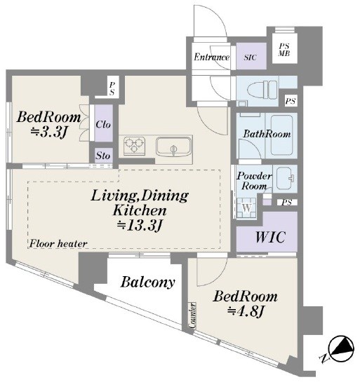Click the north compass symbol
pyautogui.click(x=341, y=349)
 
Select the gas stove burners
pyautogui.click(x=134, y=146)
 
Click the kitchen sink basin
pyautogui.click(x=173, y=147)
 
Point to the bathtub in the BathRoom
pyautogui.click(x=281, y=135)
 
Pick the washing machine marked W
pyautogui.click(x=246, y=208)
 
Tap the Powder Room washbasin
pyautogui.click(x=284, y=178)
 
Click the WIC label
pyautogui.click(x=269, y=237)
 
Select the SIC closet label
pyautogui.click(x=250, y=57)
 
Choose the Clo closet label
pyautogui.click(x=103, y=124)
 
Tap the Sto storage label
pyautogui.click(x=103, y=156)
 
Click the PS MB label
pyautogui.click(x=284, y=50)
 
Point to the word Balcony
pyautogui.click(x=147, y=282)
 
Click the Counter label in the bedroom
pyautogui.click(x=192, y=315)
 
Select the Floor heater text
pyautogui.click(x=58, y=244)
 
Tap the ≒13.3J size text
pyautogui.click(x=140, y=226)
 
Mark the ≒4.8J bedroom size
pyautogui.click(x=246, y=311)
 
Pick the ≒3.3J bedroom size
pyautogui.click(x=48, y=132)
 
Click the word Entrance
pyautogui.click(x=212, y=57)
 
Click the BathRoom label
pyautogui.click(x=267, y=134)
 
